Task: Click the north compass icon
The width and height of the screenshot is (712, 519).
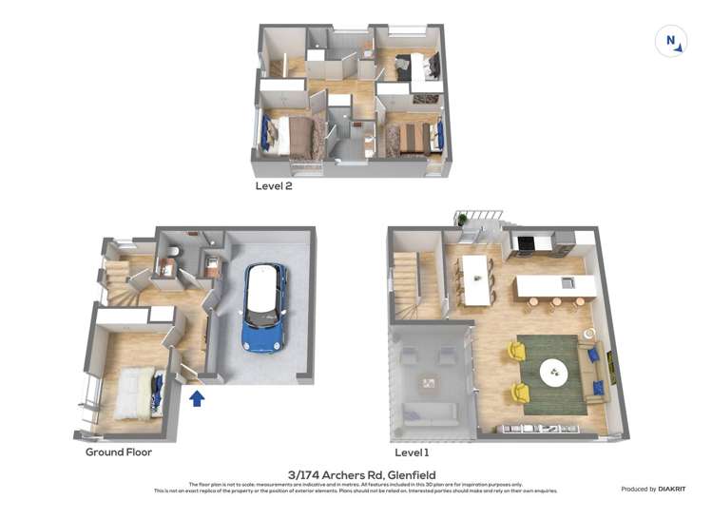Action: [671, 41]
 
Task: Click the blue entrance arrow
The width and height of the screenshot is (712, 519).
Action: [197, 397]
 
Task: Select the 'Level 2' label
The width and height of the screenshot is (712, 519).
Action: [274, 186]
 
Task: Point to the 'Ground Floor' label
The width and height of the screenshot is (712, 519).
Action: [119, 452]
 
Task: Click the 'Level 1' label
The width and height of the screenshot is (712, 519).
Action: [413, 452]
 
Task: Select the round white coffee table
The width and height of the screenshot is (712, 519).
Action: [554, 372]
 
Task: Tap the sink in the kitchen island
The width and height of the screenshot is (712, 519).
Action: [568, 282]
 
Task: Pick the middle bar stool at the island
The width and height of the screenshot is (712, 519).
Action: [555, 304]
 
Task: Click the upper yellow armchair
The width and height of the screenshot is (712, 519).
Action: [516, 352]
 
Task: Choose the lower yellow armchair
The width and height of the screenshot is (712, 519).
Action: [518, 392]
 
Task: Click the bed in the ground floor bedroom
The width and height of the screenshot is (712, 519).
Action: [135, 393]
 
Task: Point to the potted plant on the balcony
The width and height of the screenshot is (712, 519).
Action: [463, 221]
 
